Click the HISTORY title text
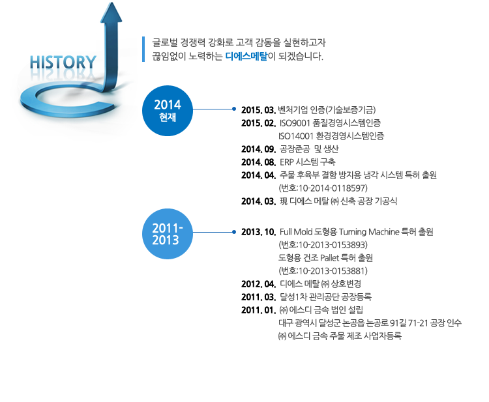pyautogui.click(x=63, y=62)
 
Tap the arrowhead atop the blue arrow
pyautogui.click(x=111, y=12)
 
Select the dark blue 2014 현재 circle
pyautogui.click(x=168, y=111)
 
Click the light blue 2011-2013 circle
pyautogui.click(x=168, y=234)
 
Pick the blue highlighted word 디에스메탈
pyautogui.click(x=246, y=57)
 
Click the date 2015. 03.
pyautogui.click(x=259, y=110)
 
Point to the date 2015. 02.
pyautogui.click(x=259, y=123)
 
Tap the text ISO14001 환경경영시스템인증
pyautogui.click(x=331, y=136)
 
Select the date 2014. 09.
pyautogui.click(x=259, y=149)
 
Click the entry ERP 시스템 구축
pyautogui.click(x=308, y=162)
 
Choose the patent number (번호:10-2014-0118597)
pyautogui.click(x=323, y=188)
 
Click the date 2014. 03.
pyautogui.click(x=259, y=201)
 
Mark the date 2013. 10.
pyautogui.click(x=259, y=232)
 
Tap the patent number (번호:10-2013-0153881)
pyautogui.click(x=323, y=271)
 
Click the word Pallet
pyautogui.click(x=329, y=258)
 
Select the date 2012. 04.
pyautogui.click(x=259, y=284)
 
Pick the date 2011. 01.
pyautogui.click(x=259, y=310)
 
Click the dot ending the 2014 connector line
pyautogui.click(x=234, y=109)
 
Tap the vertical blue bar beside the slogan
pyautogui.click(x=143, y=50)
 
